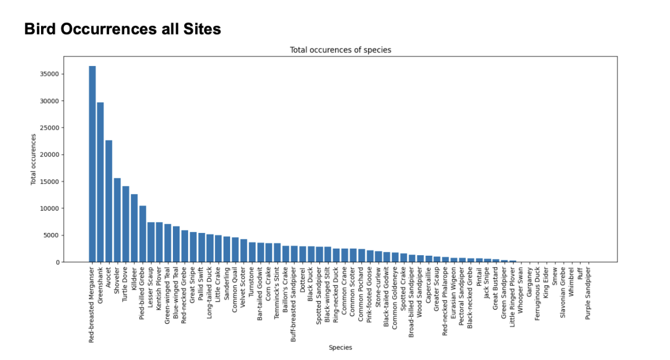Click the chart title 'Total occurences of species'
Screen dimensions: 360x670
point(340,50)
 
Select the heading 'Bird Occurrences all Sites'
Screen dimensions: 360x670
point(123,29)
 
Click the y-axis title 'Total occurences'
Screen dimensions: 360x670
point(33,159)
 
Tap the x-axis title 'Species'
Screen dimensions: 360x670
point(340,348)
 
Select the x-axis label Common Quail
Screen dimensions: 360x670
point(234,286)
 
